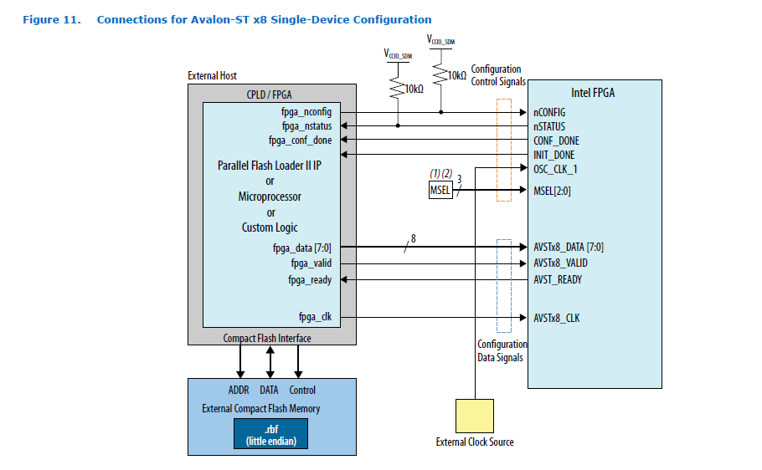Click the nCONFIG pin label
coord(549,111)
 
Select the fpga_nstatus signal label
coord(306,126)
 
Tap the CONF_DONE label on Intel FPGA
coord(556,140)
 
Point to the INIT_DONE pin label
coord(553,155)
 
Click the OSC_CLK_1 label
coord(555,169)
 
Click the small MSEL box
coord(440,190)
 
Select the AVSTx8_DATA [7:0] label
coord(568,247)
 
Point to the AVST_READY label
coord(557,279)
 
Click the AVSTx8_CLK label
coord(556,318)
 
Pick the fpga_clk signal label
coord(315,317)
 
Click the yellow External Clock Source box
coord(474,416)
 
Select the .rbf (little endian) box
coord(270,434)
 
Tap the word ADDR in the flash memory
coord(239,391)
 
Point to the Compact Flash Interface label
coord(267,338)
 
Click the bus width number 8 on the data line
coord(413,238)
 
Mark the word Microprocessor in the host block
coord(270,197)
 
